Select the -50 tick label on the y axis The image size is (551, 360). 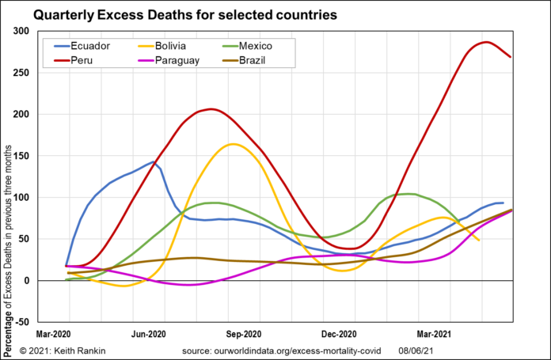tap(43, 322)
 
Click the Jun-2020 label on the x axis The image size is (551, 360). tap(149, 335)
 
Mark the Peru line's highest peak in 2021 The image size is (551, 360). tap(486, 42)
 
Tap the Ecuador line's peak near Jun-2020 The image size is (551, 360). tap(154, 161)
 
